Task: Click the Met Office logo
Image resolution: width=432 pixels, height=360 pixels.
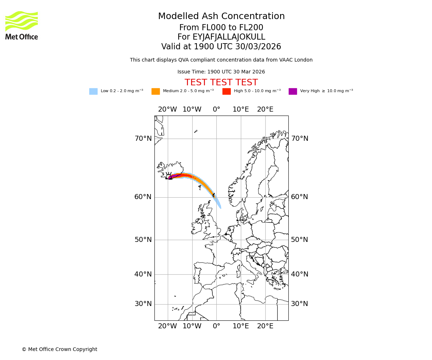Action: click(x=22, y=25)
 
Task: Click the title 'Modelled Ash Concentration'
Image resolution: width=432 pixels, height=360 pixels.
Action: click(x=221, y=17)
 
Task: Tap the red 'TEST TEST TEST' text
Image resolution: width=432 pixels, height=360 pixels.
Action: click(x=221, y=83)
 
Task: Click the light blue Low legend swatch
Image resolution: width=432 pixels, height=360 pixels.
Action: click(x=93, y=91)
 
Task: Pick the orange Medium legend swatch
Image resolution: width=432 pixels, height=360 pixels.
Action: click(x=156, y=91)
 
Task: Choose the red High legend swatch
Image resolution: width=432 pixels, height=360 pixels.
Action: click(x=226, y=91)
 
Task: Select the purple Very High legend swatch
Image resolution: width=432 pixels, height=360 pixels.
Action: click(x=293, y=91)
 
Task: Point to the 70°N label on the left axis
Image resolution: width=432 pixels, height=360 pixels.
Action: click(x=143, y=139)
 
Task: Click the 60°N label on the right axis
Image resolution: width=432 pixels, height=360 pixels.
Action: click(x=300, y=197)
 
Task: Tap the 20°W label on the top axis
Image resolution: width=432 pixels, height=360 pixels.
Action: click(x=167, y=109)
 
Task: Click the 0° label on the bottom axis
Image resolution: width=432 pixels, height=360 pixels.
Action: click(x=216, y=326)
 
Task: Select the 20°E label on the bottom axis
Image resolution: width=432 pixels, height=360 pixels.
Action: click(x=265, y=326)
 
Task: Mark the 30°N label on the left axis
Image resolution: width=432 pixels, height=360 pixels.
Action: click(x=143, y=304)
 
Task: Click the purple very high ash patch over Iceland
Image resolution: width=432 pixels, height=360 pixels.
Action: click(x=172, y=177)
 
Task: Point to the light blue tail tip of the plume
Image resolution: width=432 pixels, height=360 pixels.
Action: click(x=220, y=207)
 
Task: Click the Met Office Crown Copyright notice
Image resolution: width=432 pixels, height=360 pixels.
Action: click(x=59, y=350)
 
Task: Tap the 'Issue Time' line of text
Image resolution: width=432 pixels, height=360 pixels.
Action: click(x=221, y=72)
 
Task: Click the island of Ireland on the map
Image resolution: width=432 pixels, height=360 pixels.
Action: click(x=196, y=227)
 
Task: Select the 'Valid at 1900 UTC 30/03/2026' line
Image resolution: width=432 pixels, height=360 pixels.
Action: click(x=221, y=47)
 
